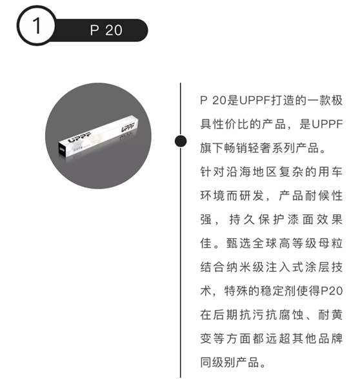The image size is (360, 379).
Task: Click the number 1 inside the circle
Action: [36, 26]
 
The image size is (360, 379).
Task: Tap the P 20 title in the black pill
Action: [106, 30]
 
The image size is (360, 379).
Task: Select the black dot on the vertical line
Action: [181, 141]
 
